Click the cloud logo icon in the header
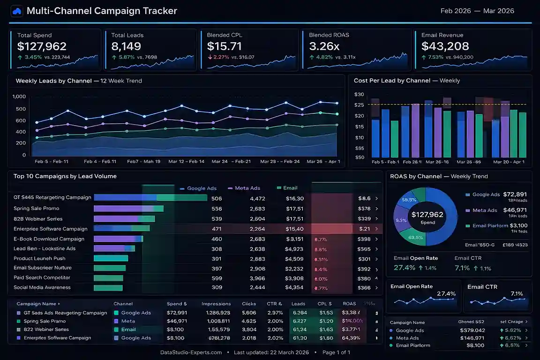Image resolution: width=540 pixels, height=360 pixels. tap(17, 11)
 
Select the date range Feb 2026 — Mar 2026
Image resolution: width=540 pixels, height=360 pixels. tap(477, 11)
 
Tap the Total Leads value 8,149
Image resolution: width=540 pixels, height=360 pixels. tap(126, 46)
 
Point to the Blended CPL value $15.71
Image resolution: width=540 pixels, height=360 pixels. tap(225, 46)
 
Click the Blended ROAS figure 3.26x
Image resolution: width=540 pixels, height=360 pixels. tap(324, 46)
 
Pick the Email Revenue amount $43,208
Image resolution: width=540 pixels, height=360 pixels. tap(445, 46)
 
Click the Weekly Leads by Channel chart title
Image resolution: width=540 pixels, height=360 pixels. tap(53, 81)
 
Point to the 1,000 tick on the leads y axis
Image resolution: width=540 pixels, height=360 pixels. tap(19, 97)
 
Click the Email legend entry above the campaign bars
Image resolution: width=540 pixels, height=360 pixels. tap(290, 188)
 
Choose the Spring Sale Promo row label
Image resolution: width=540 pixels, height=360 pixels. tap(37, 208)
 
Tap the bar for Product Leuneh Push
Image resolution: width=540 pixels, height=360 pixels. tap(111, 258)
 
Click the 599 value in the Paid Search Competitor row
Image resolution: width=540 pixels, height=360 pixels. tap(217, 278)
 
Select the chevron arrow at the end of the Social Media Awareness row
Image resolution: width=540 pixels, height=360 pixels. tap(376, 288)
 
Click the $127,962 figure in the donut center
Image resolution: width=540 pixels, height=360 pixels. tap(427, 215)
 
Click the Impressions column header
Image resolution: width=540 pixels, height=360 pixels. tap(216, 304)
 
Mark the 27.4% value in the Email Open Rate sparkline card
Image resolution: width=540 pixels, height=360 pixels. tap(446, 293)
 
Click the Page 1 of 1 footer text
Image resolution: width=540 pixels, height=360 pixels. tap(336, 352)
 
